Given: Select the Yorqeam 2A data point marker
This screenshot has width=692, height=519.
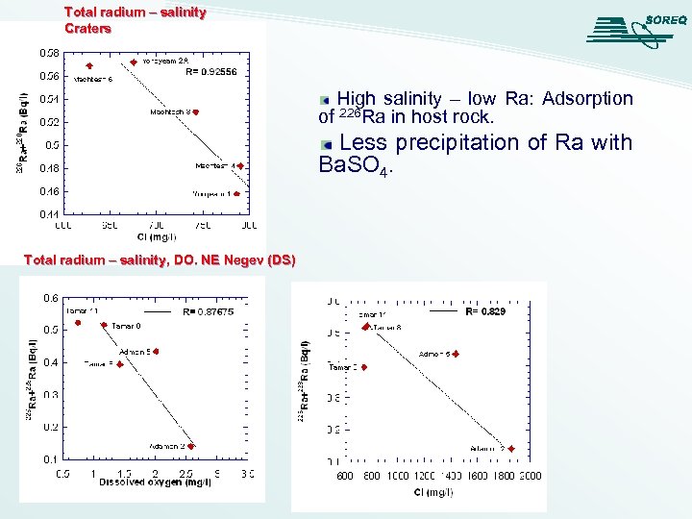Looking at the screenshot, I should coord(134,62).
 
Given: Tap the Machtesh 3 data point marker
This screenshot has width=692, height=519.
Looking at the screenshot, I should coord(195,112).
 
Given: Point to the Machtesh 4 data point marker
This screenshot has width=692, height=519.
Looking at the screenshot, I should coord(240,166).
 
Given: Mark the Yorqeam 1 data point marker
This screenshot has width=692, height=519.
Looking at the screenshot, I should coord(235,193).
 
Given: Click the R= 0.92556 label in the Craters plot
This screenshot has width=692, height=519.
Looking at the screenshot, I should coord(210,72).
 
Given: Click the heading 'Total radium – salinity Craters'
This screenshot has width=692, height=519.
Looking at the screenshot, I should coord(135,20).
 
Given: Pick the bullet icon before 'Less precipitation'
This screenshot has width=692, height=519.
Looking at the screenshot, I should coord(326,144).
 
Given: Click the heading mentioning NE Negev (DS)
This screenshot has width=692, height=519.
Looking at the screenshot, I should coord(159,260).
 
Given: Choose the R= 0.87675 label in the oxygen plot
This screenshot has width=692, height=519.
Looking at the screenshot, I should coord(208,311).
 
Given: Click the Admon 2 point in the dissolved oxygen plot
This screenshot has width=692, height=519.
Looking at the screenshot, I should coord(192,446).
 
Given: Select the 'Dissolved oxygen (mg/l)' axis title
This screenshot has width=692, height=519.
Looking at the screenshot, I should coord(155,482).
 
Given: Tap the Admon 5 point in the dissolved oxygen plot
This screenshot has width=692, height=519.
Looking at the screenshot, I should coord(155,352).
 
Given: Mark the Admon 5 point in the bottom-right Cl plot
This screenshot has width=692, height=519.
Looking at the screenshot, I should coord(457,355).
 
